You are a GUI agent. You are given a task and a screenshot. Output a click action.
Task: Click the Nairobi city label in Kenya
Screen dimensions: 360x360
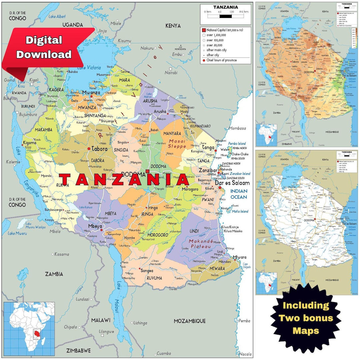171,72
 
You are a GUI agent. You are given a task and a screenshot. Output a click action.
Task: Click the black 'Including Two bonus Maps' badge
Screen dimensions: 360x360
306,318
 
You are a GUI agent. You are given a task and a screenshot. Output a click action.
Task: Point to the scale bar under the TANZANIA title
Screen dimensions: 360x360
226,16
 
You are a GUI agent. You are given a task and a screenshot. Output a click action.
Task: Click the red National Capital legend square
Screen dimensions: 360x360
203,30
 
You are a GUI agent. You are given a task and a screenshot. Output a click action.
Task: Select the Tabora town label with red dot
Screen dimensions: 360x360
99,149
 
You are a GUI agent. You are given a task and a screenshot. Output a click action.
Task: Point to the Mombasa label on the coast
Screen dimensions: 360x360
237,128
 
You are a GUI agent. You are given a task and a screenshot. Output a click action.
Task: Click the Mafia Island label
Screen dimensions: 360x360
240,211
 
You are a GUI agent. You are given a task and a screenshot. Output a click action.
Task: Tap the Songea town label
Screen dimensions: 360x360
147,271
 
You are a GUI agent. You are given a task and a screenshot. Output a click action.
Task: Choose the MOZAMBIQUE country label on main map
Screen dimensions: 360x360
190,321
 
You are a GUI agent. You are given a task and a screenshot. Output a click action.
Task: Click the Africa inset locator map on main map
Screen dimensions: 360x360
29,328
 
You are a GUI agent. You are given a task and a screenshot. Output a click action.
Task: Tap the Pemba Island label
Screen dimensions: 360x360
237,144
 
